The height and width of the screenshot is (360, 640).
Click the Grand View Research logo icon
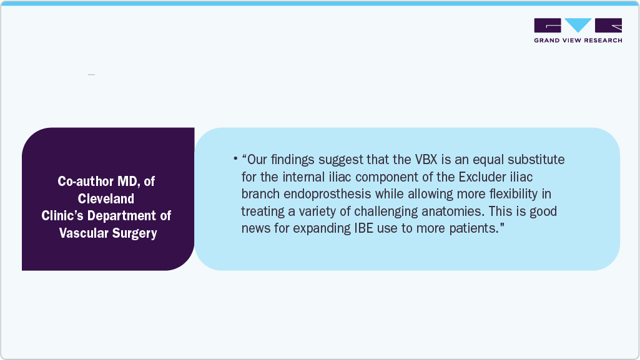tap(578, 26)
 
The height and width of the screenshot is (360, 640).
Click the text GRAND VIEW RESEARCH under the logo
tap(578, 41)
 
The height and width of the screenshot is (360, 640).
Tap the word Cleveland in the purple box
tap(106, 198)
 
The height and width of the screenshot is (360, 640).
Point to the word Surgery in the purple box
tap(134, 233)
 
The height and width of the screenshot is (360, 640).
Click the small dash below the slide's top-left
tap(91, 75)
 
